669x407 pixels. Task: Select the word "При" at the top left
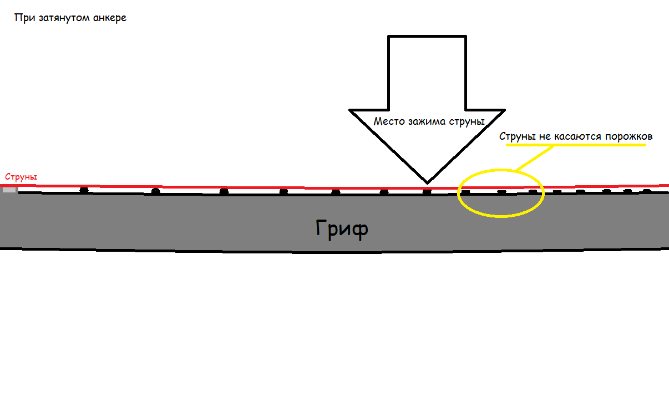tap(22, 18)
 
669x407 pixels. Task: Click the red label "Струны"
tap(21, 177)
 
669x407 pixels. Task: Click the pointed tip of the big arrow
tap(427, 181)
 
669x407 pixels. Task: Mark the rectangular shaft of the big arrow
tap(426, 72)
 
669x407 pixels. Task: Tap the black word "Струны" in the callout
tap(516, 136)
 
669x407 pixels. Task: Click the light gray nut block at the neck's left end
tap(9, 190)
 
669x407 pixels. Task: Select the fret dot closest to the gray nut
tap(84, 190)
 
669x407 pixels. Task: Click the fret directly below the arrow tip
tap(427, 192)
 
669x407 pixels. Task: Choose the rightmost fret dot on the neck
tap(647, 191)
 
